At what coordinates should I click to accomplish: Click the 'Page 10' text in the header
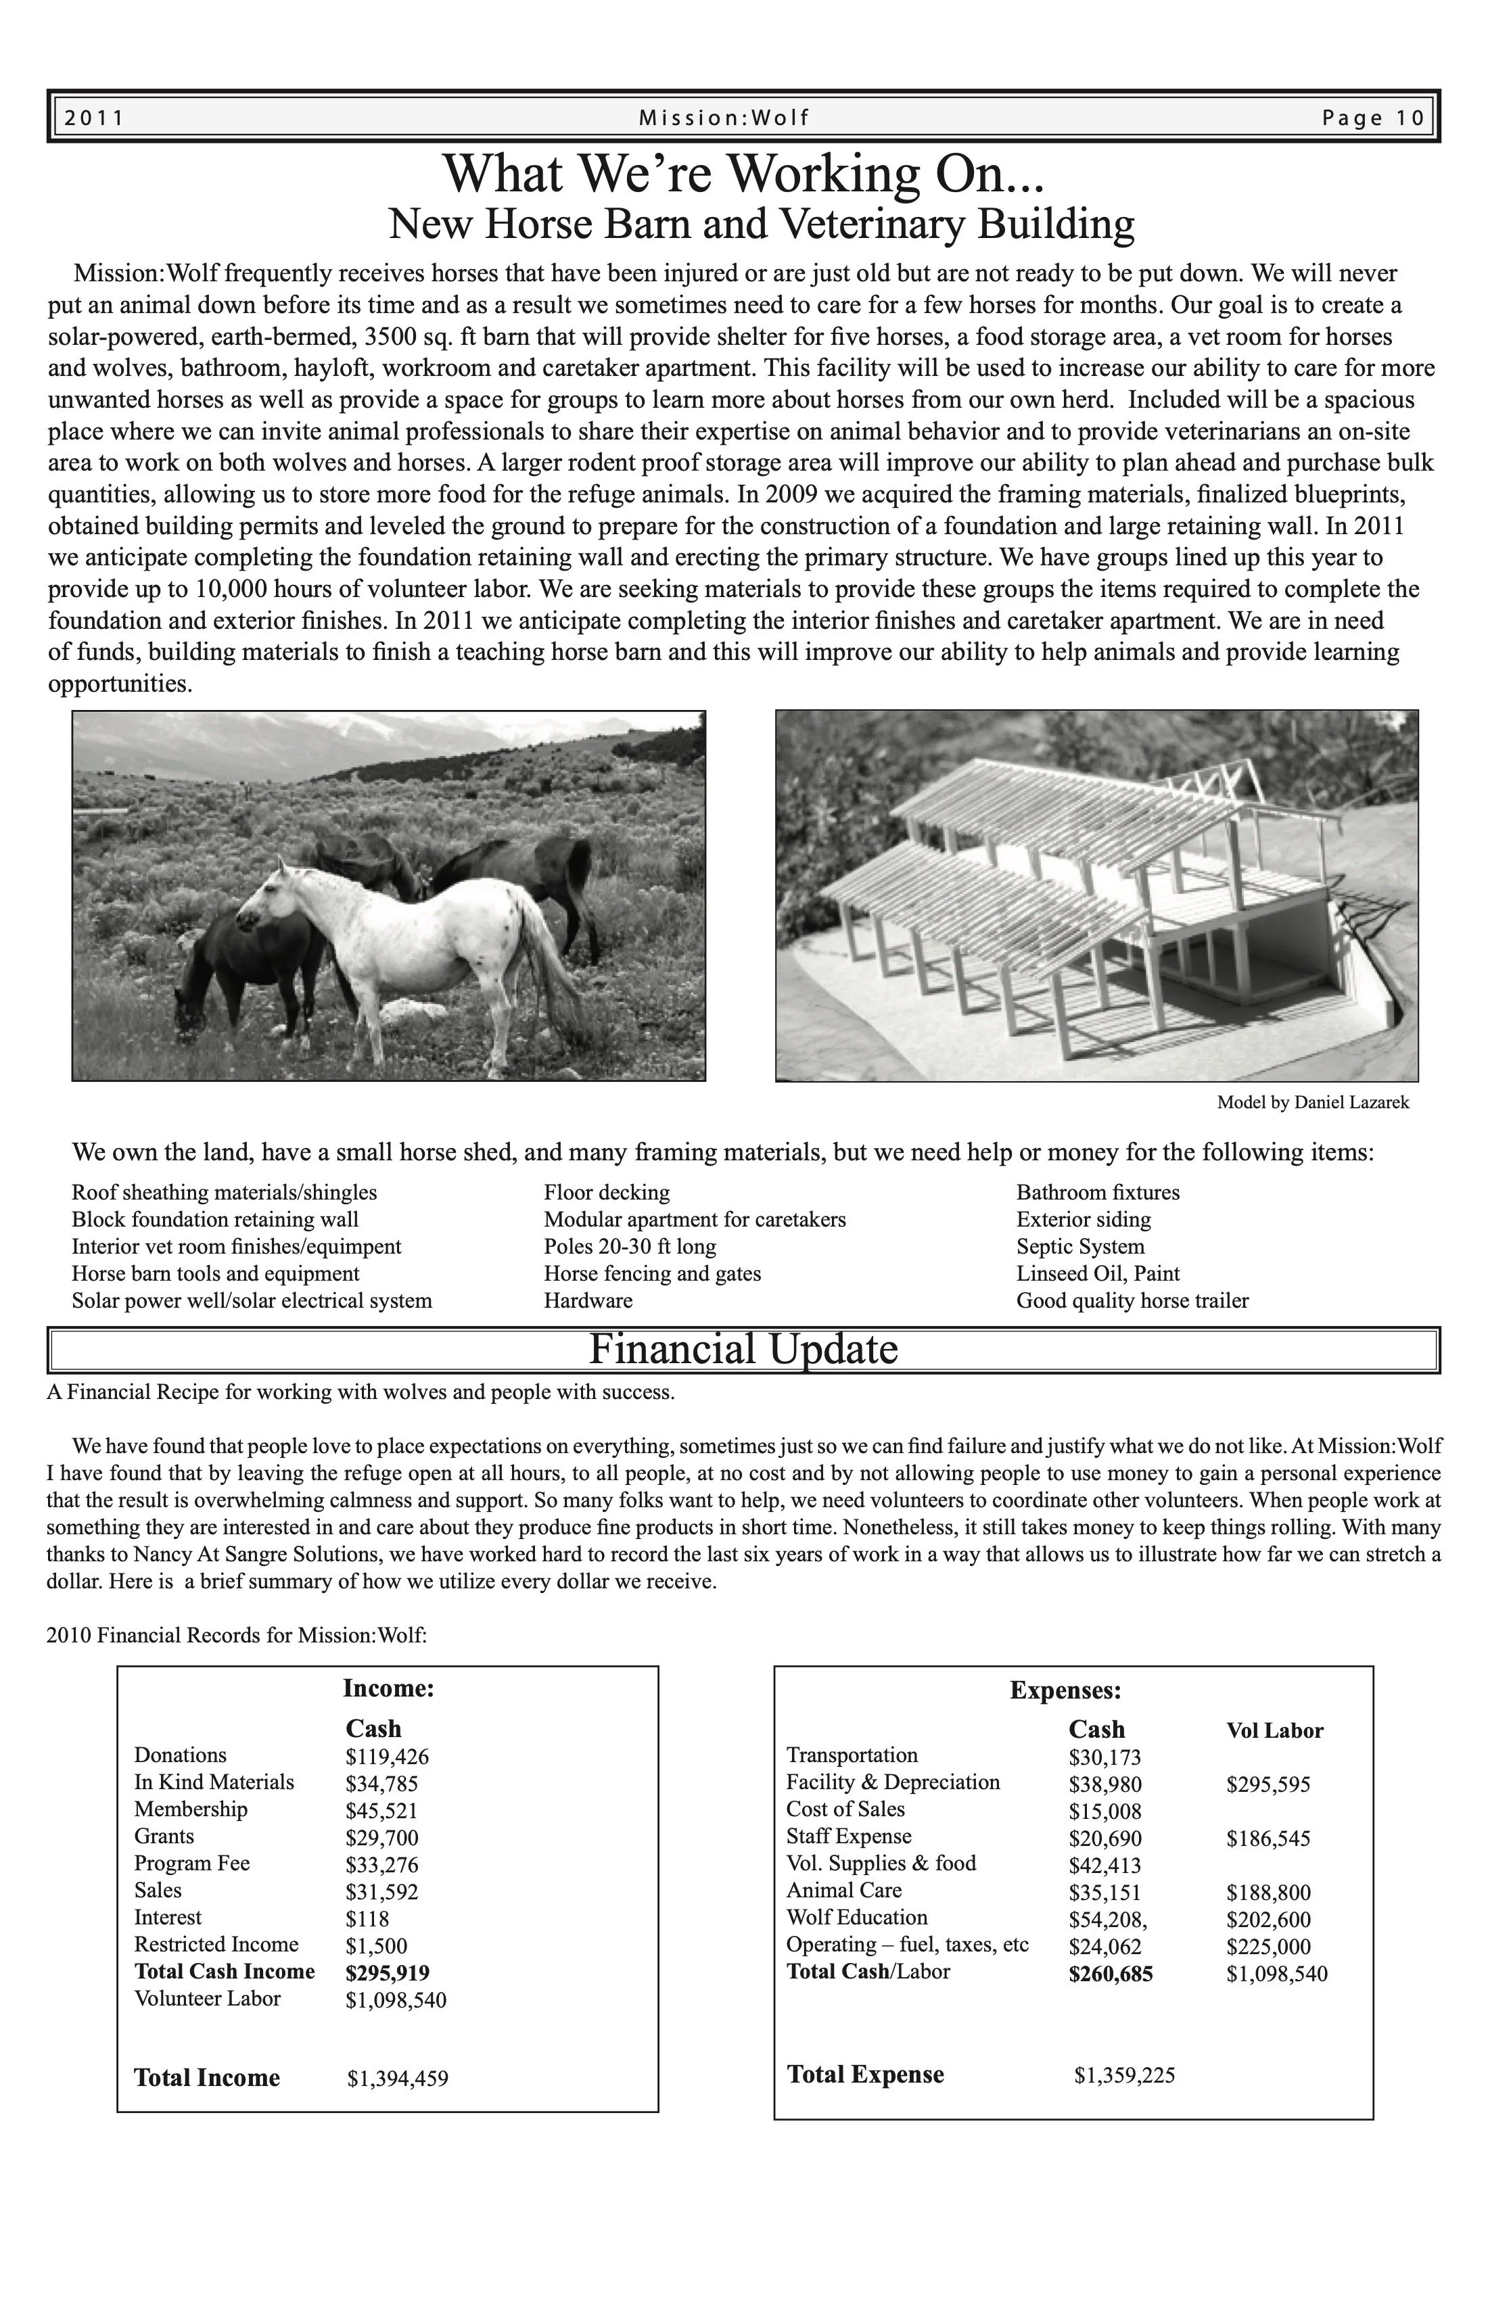pos(1373,118)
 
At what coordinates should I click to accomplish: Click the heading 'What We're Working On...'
pos(744,174)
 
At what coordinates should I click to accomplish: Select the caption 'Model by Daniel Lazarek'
pos(1312,1102)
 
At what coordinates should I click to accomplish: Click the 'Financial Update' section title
pos(743,1348)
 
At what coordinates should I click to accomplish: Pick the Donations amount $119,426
pos(386,1756)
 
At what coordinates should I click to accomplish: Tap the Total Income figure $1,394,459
pos(397,2078)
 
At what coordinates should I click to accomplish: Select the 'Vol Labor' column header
pos(1274,1730)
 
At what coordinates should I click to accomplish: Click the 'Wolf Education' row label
pos(856,1918)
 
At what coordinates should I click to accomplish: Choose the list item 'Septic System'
pos(1079,1246)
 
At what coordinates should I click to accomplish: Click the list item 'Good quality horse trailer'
pos(1132,1300)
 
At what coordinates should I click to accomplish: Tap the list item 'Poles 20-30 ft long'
pos(629,1246)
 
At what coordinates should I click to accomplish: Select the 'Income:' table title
pos(388,1688)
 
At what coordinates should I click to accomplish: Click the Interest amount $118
pos(367,1918)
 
